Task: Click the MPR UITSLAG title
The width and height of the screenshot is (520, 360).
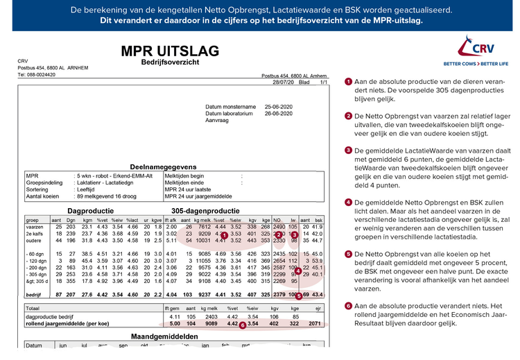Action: pos(169,51)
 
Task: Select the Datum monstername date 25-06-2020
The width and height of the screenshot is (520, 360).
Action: pos(280,106)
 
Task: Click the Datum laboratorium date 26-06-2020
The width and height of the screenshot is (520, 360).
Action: pos(280,112)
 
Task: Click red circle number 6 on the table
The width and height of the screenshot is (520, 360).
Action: pos(242,324)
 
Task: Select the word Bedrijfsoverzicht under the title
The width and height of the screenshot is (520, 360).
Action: pos(169,62)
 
